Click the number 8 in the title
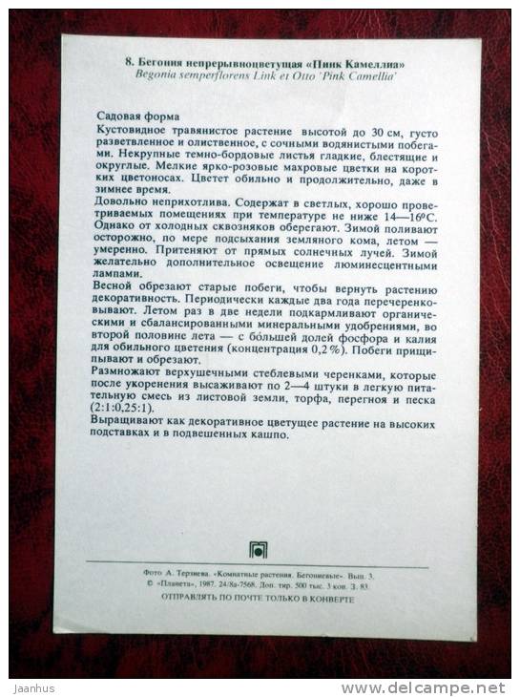pyautogui.click(x=128, y=60)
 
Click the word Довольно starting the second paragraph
pyautogui.click(x=125, y=204)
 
